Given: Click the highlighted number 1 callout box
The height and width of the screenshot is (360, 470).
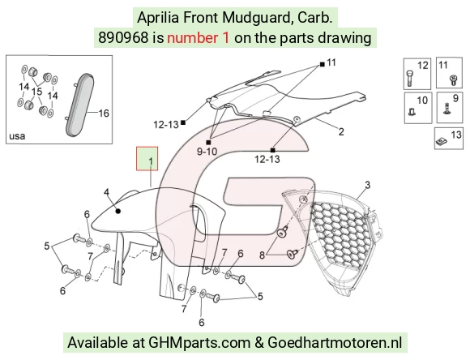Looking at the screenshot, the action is [x=147, y=158].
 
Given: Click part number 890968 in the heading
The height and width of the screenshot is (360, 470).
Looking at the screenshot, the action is [x=123, y=38].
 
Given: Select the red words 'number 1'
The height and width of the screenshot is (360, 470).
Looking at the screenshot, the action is [x=199, y=38].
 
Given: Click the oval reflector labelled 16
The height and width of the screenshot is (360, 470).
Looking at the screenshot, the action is [x=80, y=105].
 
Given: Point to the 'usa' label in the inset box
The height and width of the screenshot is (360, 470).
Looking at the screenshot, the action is [x=17, y=136].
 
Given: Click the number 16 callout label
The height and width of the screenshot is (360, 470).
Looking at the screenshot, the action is [x=104, y=114].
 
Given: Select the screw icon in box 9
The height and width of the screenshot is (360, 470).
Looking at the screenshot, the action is [x=447, y=109].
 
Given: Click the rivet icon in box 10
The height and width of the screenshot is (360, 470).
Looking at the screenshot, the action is [x=412, y=112].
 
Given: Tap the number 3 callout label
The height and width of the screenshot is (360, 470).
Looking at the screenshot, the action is [x=368, y=185].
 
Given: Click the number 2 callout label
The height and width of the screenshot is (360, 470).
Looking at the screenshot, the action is [x=341, y=131].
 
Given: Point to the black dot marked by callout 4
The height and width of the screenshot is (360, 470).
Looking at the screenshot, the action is [x=118, y=211].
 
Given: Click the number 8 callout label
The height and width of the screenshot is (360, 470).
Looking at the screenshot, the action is [x=262, y=255].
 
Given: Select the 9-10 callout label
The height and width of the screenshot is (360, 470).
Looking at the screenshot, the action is [x=207, y=152].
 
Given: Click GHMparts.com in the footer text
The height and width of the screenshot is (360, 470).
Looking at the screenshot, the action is [x=199, y=343].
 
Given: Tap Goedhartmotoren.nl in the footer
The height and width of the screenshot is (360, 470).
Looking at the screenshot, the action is [x=335, y=343].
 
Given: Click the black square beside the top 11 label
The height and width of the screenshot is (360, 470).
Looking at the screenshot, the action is [x=323, y=64].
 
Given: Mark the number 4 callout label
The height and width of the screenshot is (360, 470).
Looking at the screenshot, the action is [x=107, y=192].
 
